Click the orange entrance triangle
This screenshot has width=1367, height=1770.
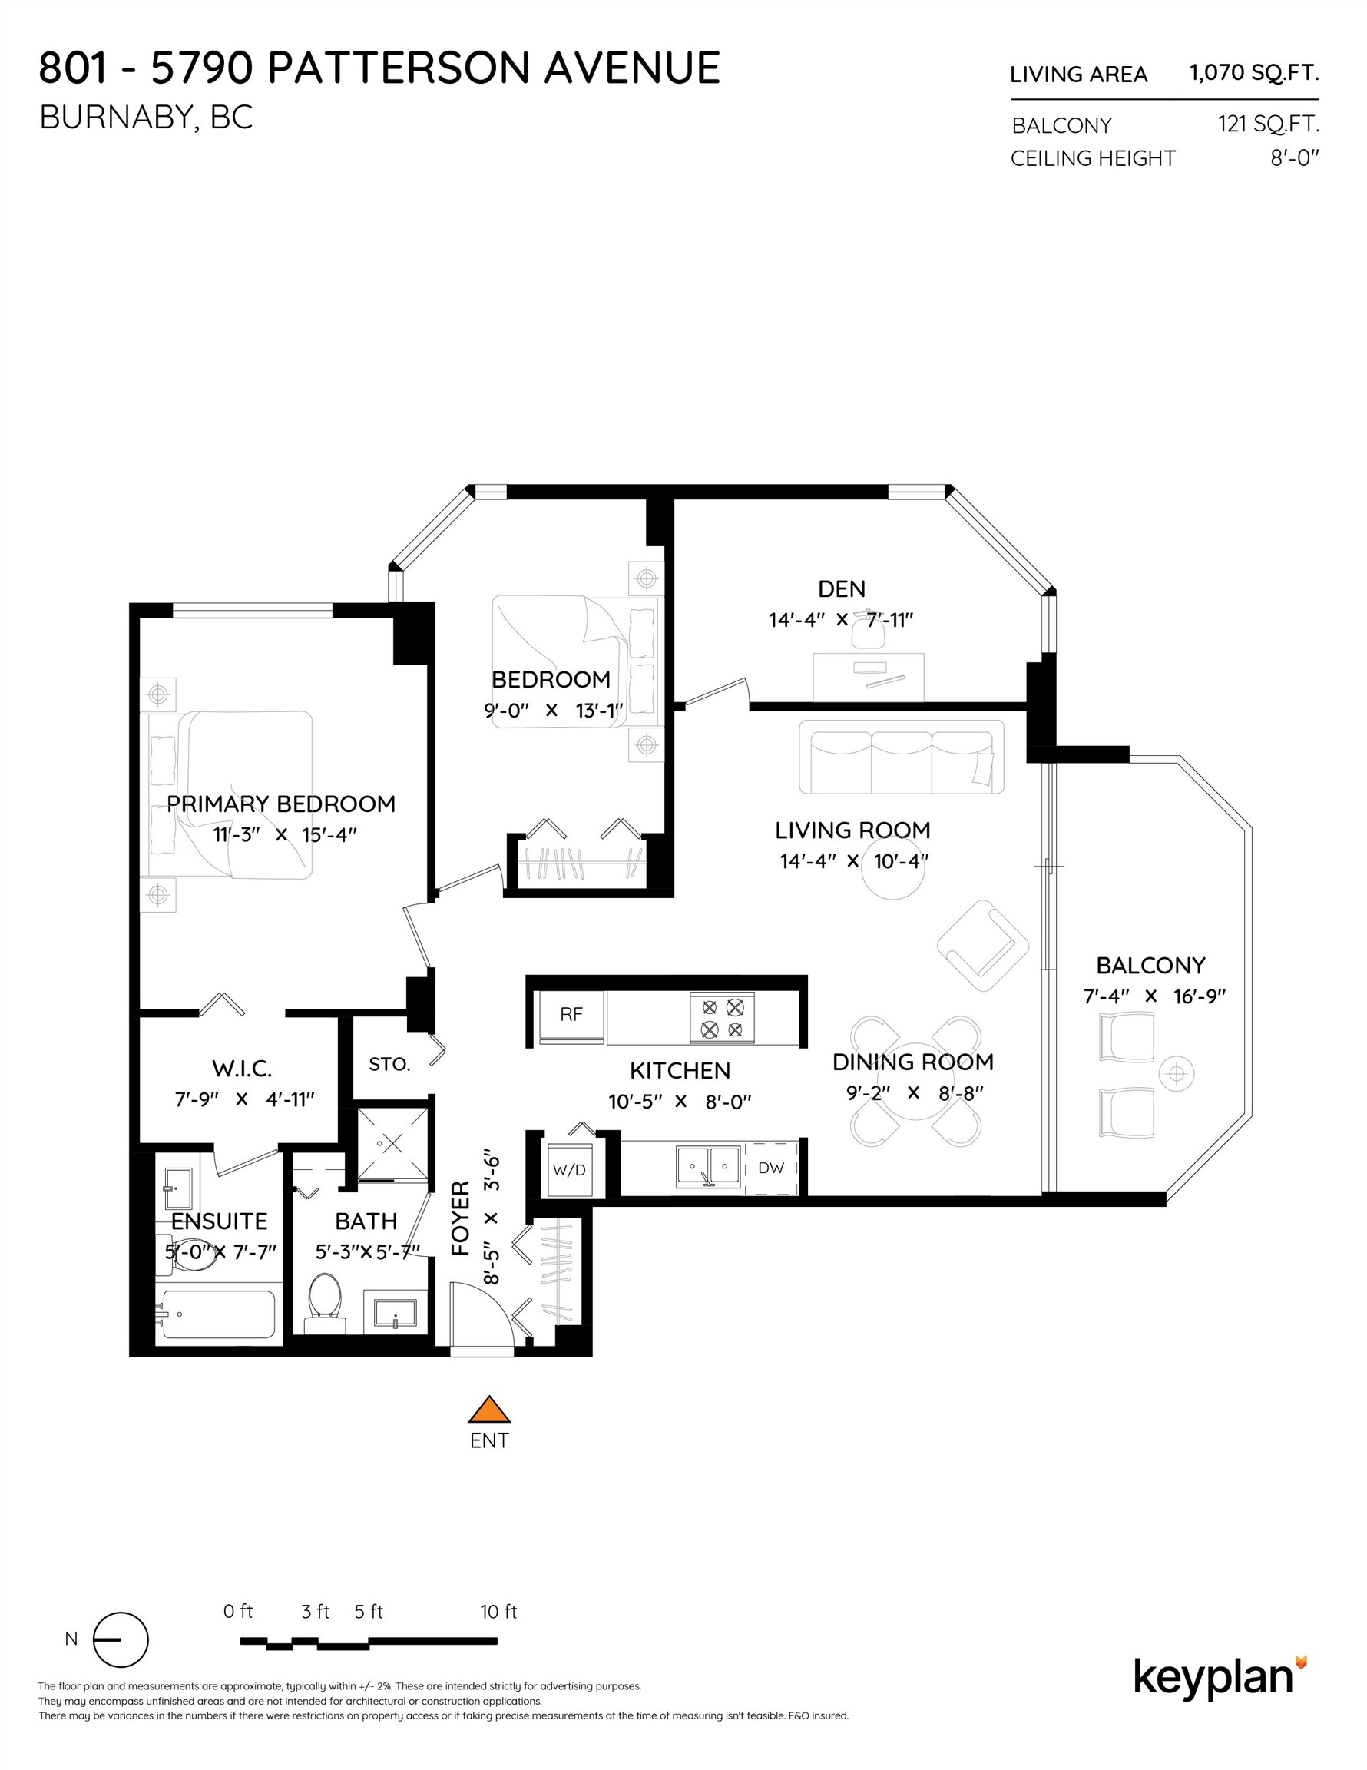coord(489,1411)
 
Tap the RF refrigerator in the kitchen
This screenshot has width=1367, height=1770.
coord(571,1015)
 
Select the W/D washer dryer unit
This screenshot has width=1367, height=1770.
coord(569,1170)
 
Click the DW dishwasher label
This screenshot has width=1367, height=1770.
coord(770,1168)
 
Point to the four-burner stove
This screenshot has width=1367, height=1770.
coord(722,1019)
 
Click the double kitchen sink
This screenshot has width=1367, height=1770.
coord(708,1167)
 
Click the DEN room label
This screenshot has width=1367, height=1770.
coord(841,588)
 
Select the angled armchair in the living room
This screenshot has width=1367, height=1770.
coord(983,945)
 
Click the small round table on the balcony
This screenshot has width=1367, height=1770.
coord(1177,1075)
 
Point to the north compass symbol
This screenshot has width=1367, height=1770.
coord(121,1639)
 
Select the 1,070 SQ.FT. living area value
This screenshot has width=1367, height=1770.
coord(1253,73)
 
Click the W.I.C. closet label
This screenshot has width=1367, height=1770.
coord(242,1068)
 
